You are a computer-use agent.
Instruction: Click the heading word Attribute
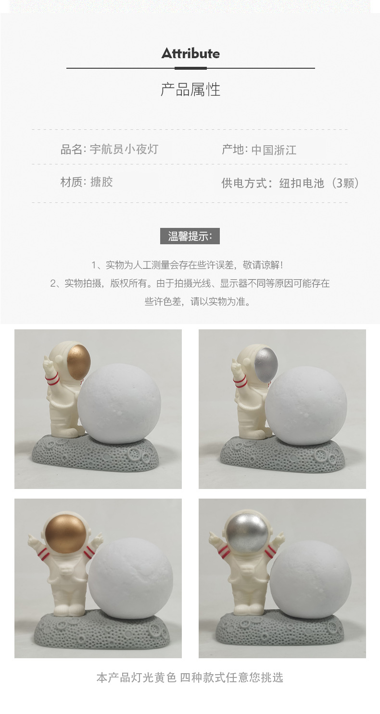point(190,53)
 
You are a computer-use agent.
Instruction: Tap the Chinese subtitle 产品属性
point(190,89)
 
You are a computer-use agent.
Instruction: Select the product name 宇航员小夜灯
point(124,149)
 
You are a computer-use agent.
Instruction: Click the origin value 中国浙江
point(274,150)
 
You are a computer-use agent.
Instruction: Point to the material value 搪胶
point(101,182)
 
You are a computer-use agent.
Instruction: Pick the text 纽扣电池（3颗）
point(319,183)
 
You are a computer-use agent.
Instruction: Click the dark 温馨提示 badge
point(190,236)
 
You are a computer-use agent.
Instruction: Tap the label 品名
point(72,149)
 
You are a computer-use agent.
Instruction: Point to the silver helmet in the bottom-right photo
point(248,534)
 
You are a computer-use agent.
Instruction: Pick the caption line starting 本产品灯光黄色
point(190,677)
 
